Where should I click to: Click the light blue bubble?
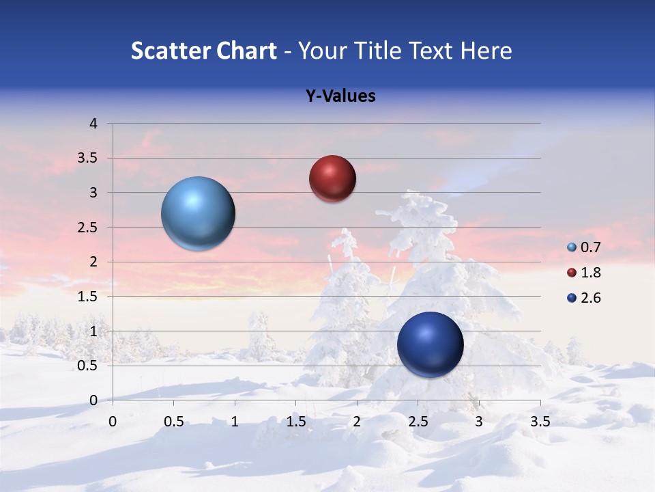click(199, 213)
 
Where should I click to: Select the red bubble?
click(332, 178)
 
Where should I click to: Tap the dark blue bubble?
click(430, 344)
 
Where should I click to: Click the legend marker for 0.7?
click(572, 247)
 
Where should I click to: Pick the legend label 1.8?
click(590, 273)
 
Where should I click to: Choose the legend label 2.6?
click(590, 298)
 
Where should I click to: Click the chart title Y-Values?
click(340, 96)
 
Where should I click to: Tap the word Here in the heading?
click(485, 51)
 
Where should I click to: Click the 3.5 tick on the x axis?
click(540, 422)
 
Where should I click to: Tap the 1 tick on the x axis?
click(235, 422)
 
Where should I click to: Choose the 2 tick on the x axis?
click(357, 422)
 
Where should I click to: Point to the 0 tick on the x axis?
click(113, 422)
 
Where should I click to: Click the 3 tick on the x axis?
click(479, 422)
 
